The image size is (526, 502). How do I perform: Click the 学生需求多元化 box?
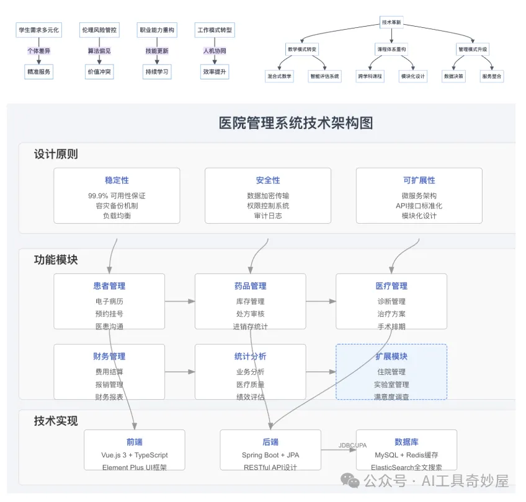tap(38, 30)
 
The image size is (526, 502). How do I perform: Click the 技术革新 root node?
tap(391, 23)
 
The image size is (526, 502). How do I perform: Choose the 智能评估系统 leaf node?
tap(324, 76)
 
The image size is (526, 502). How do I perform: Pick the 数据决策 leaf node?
tap(453, 76)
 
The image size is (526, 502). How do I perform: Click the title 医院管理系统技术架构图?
tap(296, 123)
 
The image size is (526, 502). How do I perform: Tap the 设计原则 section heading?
tap(56, 154)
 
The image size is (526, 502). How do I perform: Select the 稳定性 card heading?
tap(117, 180)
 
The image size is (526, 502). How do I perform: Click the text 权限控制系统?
tap(268, 206)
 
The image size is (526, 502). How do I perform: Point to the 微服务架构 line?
tap(419, 196)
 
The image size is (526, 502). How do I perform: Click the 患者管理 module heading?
tap(109, 286)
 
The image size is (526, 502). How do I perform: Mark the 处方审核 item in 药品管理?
tap(250, 314)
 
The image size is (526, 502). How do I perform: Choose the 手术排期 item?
tap(391, 327)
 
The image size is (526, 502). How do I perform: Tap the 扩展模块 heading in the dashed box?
tap(391, 357)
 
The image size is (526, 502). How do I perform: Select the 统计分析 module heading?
tap(250, 357)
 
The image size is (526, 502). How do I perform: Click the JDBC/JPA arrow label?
tap(353, 445)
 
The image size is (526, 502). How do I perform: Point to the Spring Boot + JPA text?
tap(270, 455)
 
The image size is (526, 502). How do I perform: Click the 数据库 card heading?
tap(406, 443)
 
